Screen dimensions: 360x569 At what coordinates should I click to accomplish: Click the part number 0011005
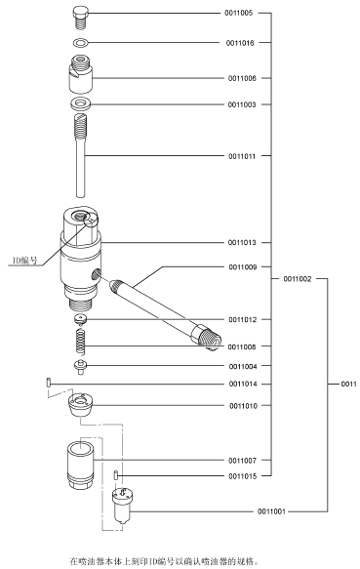click(x=238, y=13)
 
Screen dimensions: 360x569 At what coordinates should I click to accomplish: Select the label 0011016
click(x=240, y=43)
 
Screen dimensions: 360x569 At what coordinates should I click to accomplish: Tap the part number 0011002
click(x=298, y=279)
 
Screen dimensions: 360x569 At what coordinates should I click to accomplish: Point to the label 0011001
click(x=271, y=511)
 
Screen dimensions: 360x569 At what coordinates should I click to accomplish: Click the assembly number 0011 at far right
click(x=348, y=384)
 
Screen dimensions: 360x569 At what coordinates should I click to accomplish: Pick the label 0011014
click(x=243, y=384)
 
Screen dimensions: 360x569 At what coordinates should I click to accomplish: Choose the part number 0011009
click(x=242, y=267)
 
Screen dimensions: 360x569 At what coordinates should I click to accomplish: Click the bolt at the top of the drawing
click(x=81, y=18)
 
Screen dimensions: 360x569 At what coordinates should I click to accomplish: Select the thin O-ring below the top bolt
click(x=81, y=43)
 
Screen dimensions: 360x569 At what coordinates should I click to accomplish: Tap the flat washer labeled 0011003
click(x=81, y=103)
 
